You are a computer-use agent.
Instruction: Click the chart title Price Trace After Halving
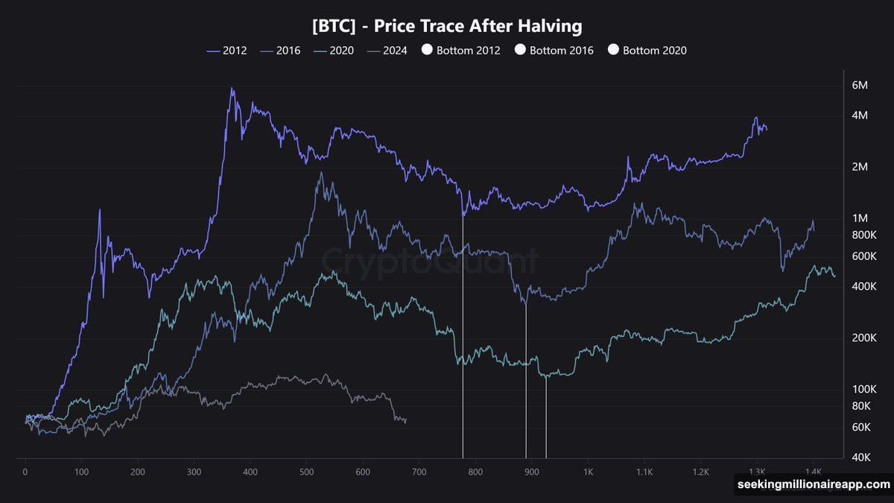tap(446, 26)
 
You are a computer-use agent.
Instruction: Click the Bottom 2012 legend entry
tap(463, 51)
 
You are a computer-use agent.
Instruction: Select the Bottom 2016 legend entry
tap(556, 51)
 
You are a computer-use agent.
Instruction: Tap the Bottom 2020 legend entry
tap(649, 51)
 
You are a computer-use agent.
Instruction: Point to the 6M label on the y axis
tap(860, 85)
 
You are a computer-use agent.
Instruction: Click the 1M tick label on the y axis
tap(860, 218)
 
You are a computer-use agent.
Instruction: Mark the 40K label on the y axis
tap(860, 457)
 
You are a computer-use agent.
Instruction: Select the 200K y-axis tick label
tap(860, 338)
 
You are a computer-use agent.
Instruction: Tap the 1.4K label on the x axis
tap(813, 472)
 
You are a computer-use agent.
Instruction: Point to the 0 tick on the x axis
tap(25, 472)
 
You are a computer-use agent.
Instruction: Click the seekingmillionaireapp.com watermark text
tap(813, 484)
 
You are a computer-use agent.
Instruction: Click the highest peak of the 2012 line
tap(232, 89)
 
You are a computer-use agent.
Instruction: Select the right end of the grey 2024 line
tap(405, 421)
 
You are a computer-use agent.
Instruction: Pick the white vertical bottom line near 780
tap(463, 335)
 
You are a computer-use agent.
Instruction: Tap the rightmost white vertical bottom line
tap(546, 417)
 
